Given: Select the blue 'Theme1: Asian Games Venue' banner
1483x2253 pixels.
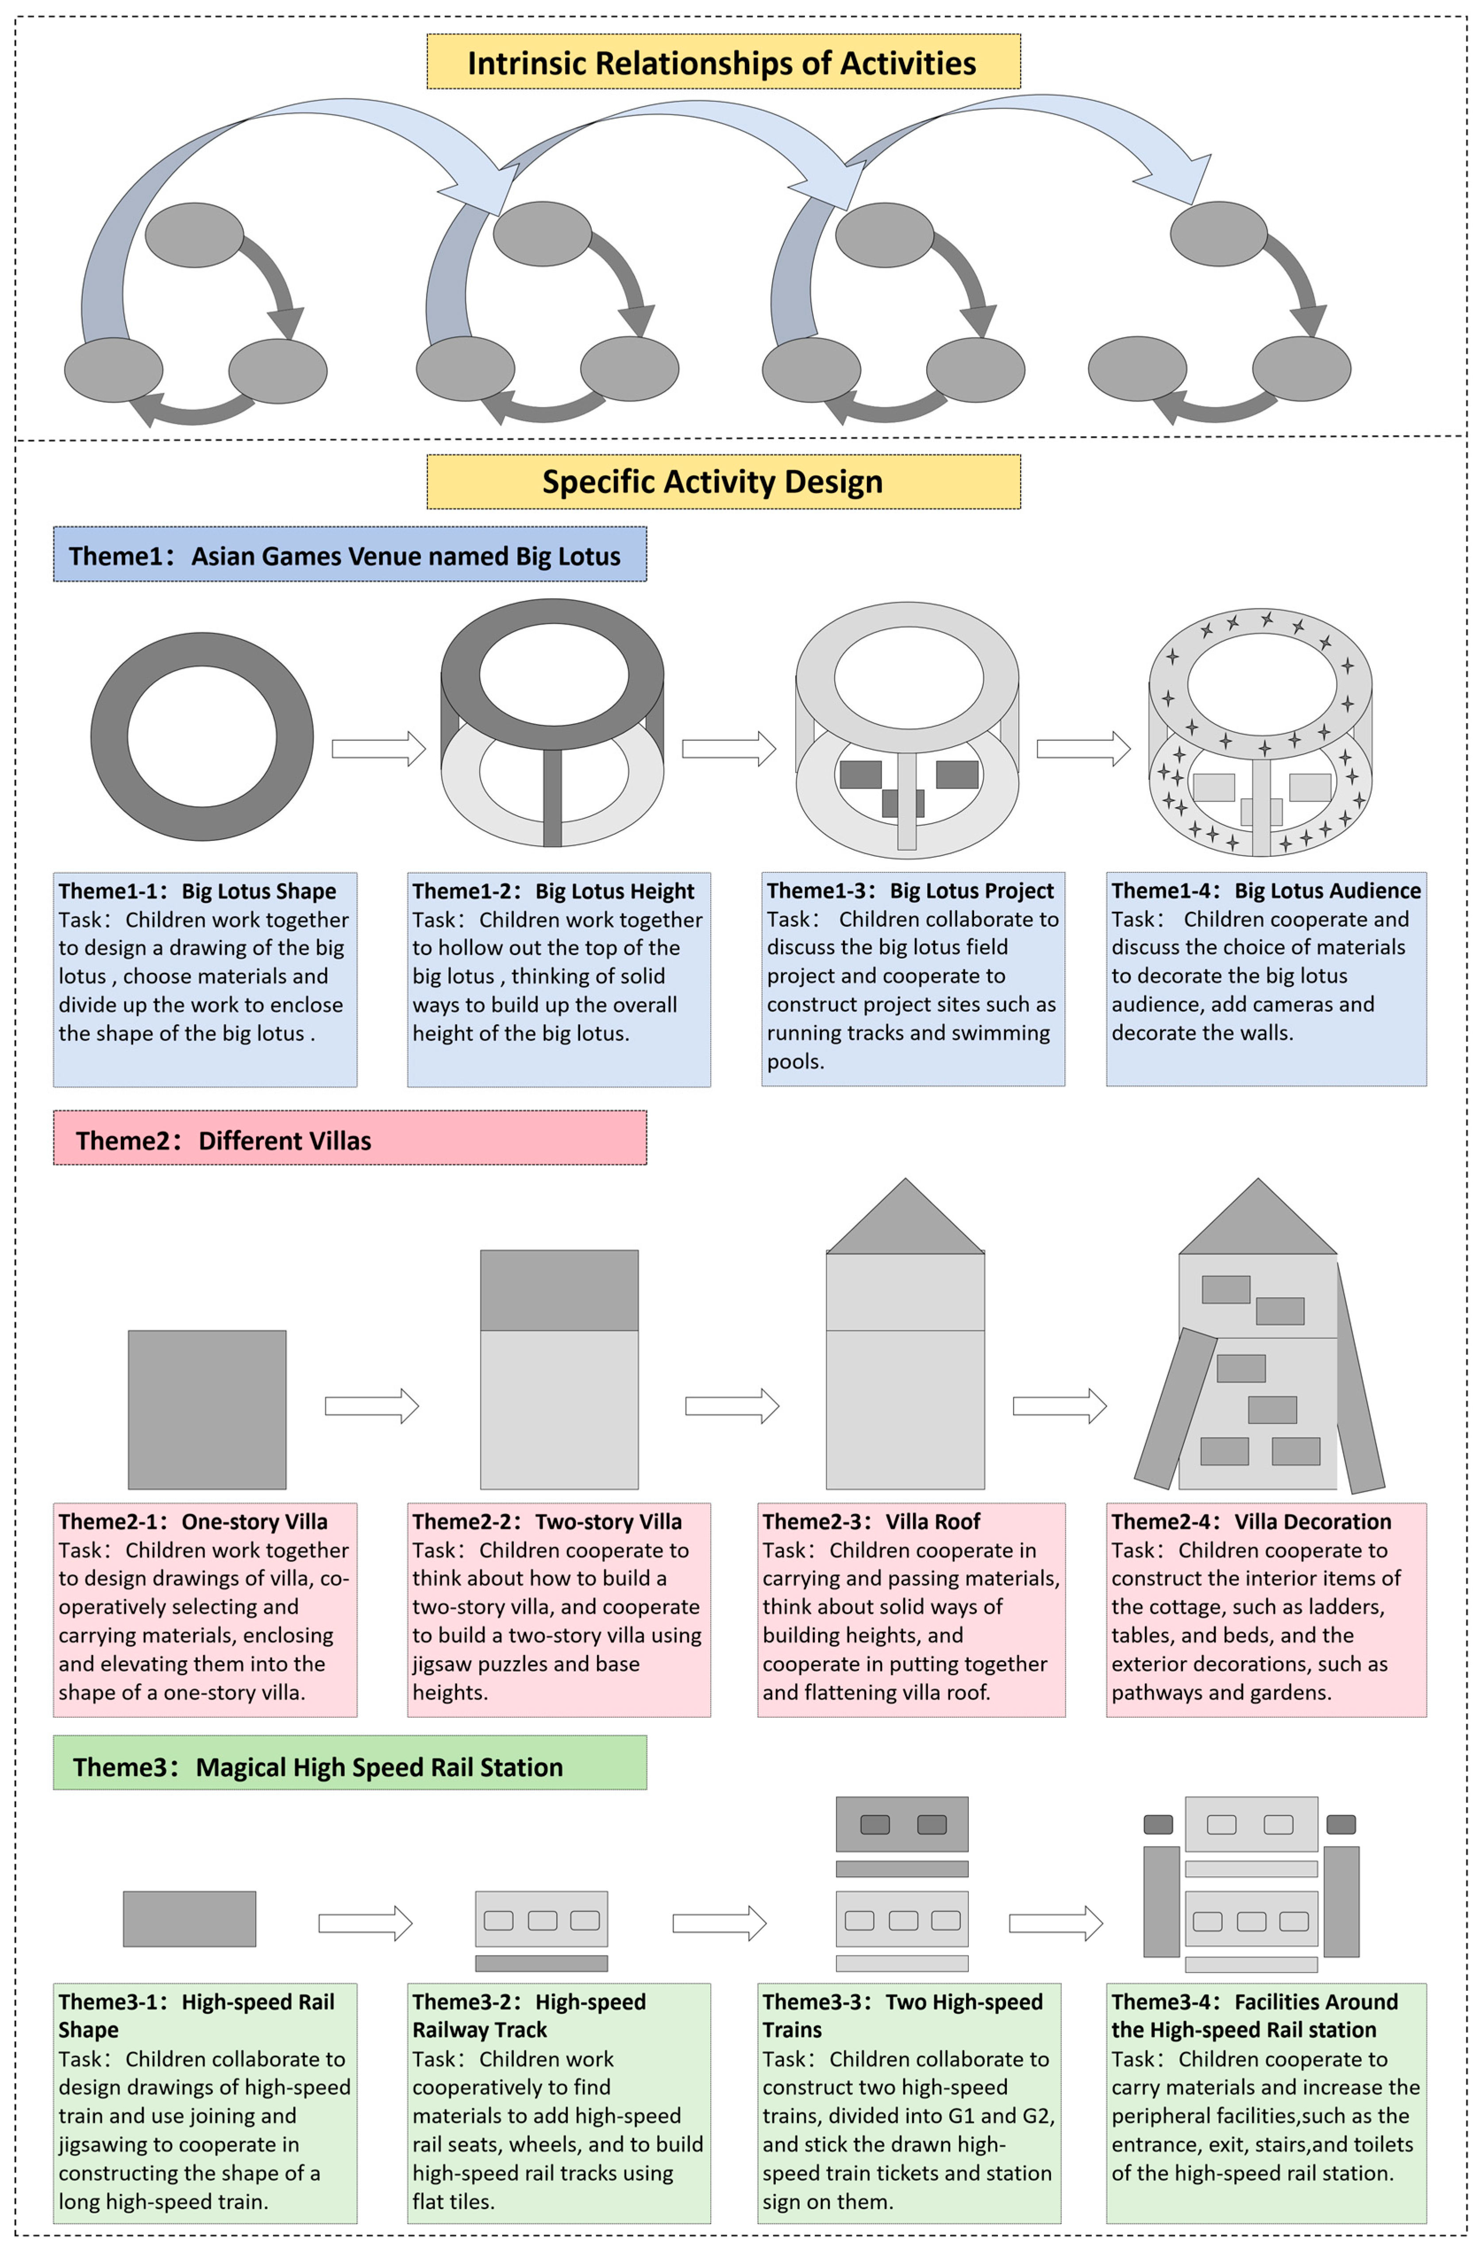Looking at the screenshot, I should [x=349, y=555].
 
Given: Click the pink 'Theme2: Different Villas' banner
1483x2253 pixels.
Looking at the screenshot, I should [x=349, y=1139].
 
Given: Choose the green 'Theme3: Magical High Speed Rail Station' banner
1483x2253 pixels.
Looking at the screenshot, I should [x=349, y=1766].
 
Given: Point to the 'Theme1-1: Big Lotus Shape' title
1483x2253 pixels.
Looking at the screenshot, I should [x=197, y=891].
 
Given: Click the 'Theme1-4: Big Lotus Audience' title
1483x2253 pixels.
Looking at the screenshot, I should [x=1265, y=891].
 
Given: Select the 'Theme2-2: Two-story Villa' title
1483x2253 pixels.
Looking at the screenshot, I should [x=546, y=1521].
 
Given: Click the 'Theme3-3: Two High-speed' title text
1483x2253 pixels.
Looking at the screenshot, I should [x=902, y=2001].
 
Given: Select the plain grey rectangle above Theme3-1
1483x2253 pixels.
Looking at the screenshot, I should [x=189, y=1918].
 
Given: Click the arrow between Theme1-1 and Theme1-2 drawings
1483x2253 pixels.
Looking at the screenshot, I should [x=377, y=749].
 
